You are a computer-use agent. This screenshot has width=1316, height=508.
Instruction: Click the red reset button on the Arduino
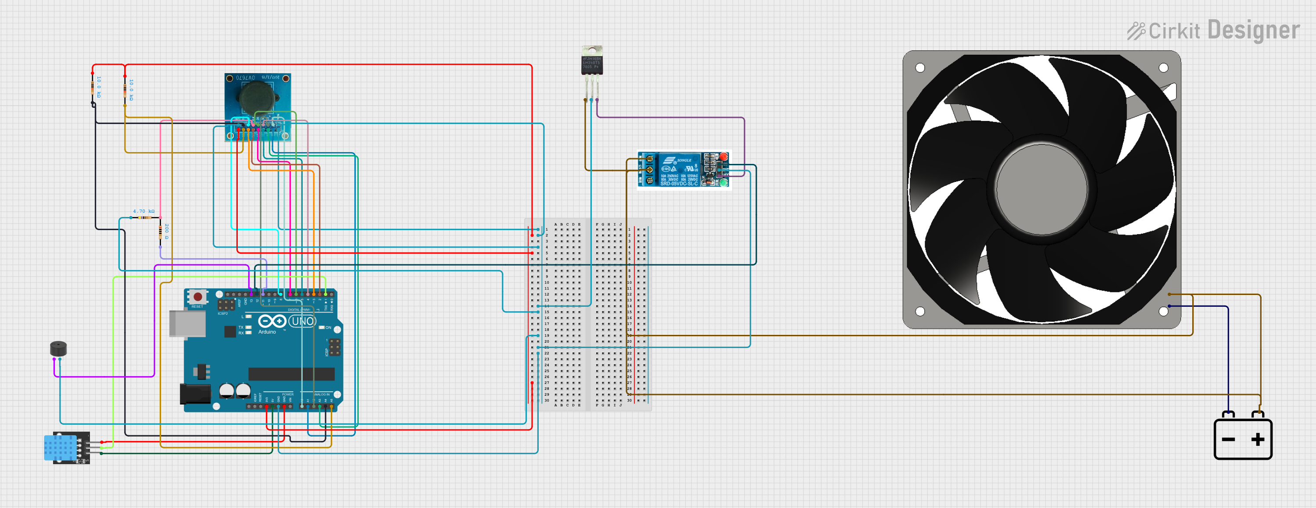pyautogui.click(x=198, y=297)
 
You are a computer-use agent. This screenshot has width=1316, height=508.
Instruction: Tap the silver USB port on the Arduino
pyautogui.click(x=187, y=323)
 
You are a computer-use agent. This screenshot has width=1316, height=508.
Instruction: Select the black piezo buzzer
pyautogui.click(x=58, y=349)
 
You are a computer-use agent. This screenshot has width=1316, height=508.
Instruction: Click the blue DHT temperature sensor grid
pyautogui.click(x=60, y=448)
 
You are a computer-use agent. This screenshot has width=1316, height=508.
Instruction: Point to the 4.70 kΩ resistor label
pyautogui.click(x=143, y=211)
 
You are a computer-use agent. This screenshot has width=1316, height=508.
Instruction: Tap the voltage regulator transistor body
pyautogui.click(x=592, y=65)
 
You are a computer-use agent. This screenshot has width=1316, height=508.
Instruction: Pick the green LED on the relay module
pyautogui.click(x=723, y=182)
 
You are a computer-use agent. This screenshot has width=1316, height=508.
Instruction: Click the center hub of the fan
pyautogui.click(x=1041, y=189)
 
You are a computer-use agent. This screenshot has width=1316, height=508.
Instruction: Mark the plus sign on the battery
pyautogui.click(x=1257, y=439)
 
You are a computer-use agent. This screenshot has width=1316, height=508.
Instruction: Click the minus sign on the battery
pyautogui.click(x=1228, y=440)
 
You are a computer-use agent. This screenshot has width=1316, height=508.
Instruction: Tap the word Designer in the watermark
pyautogui.click(x=1254, y=31)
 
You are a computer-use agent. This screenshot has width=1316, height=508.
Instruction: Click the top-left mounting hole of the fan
pyautogui.click(x=920, y=68)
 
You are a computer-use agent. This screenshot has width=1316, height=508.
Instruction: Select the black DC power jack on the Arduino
pyautogui.click(x=195, y=394)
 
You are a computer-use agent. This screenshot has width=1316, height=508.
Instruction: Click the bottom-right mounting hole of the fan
pyautogui.click(x=1163, y=311)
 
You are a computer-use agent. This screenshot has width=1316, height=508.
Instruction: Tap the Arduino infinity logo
pyautogui.click(x=272, y=321)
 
